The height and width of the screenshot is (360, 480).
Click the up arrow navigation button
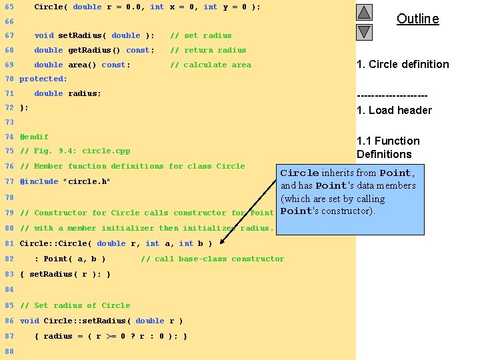(364, 12)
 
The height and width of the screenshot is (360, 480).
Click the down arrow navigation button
(364, 32)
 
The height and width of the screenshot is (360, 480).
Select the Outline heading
(417, 19)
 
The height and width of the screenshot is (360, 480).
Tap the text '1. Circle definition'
(403, 65)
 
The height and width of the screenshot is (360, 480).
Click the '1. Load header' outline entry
(394, 111)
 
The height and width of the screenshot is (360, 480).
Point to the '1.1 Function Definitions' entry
(388, 147)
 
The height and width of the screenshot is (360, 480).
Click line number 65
(9, 7)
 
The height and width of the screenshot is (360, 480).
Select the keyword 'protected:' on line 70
(43, 79)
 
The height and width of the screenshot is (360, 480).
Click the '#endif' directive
(34, 137)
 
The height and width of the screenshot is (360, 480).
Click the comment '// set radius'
(201, 36)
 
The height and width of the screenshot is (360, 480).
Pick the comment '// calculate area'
(211, 65)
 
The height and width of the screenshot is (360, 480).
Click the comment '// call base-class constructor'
(212, 259)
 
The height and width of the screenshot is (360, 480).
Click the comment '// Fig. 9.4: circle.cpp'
(75, 151)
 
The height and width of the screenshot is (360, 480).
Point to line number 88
(9, 351)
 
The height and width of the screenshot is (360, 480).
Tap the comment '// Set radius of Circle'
(75, 306)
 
